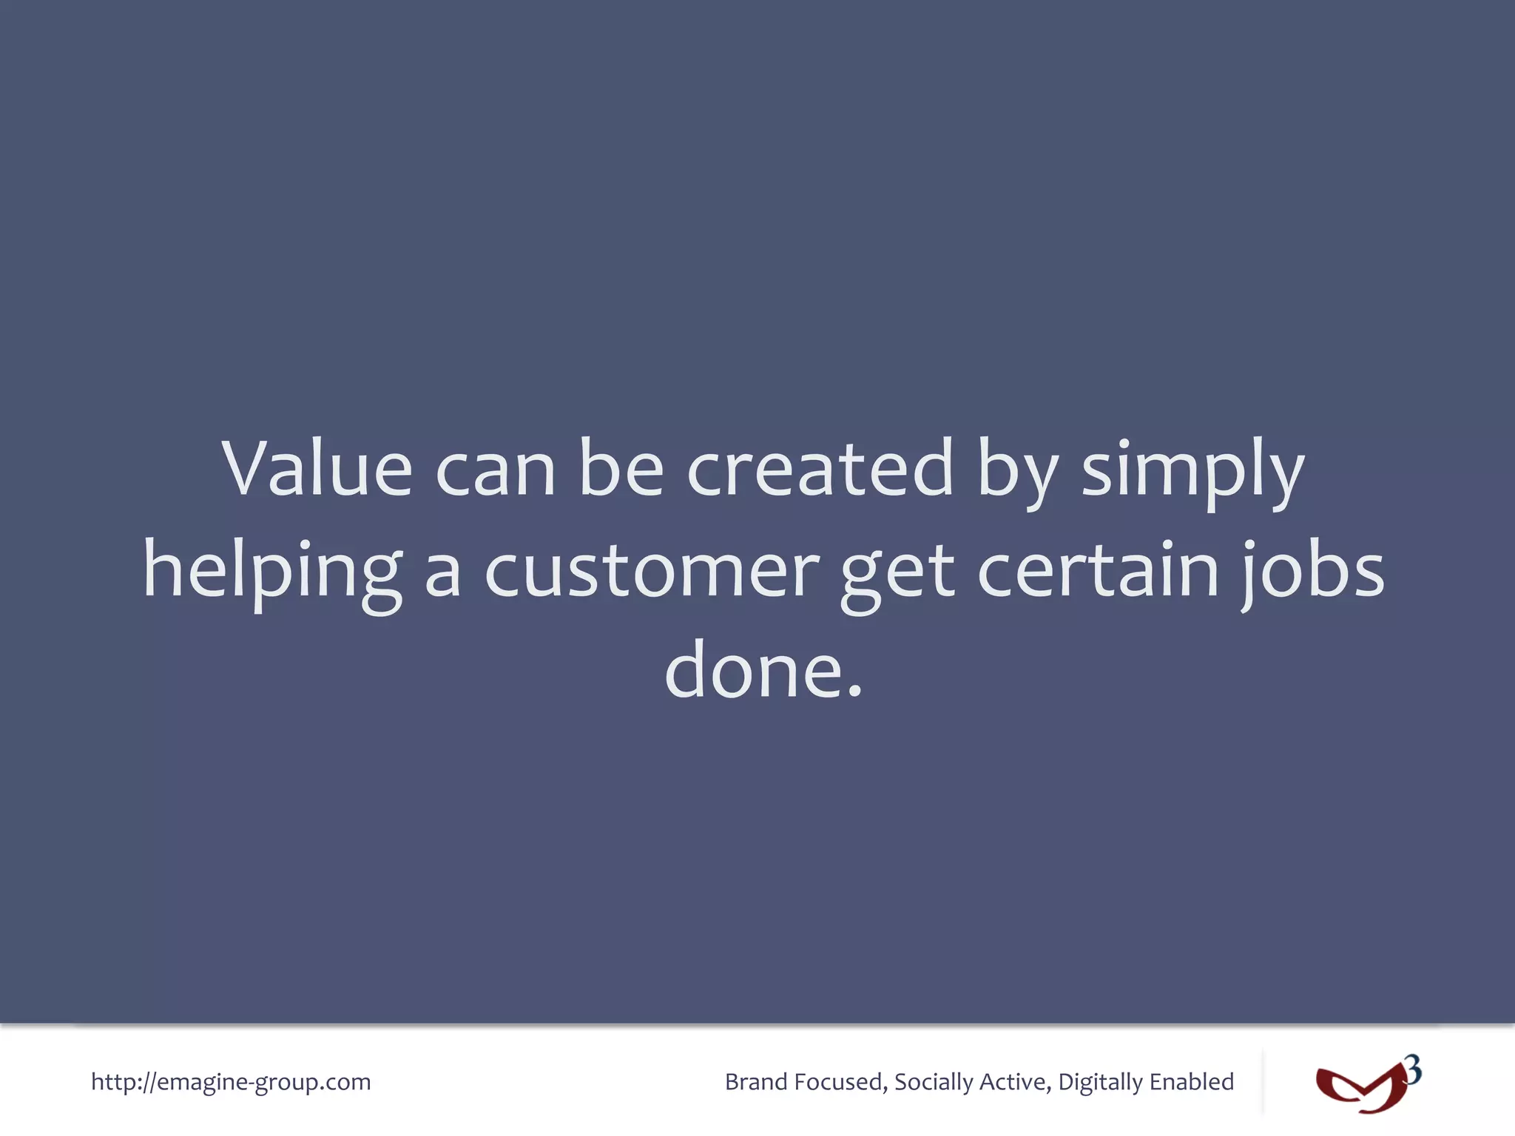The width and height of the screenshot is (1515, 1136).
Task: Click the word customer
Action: [652, 571]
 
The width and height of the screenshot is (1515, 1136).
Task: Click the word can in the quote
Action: [495, 471]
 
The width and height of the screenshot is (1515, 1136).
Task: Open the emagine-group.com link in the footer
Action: [231, 1082]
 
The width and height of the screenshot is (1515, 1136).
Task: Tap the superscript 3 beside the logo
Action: [1413, 1069]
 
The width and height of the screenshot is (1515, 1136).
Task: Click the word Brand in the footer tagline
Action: [756, 1082]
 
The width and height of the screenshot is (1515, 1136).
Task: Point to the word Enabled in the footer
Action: [1192, 1082]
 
